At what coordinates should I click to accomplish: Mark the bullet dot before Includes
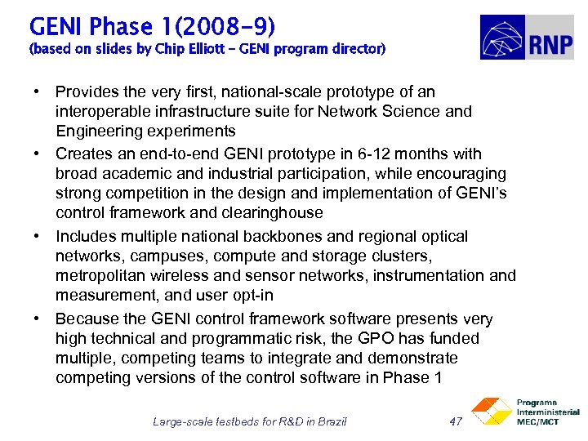(x=40, y=236)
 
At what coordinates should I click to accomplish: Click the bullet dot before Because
(x=40, y=318)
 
